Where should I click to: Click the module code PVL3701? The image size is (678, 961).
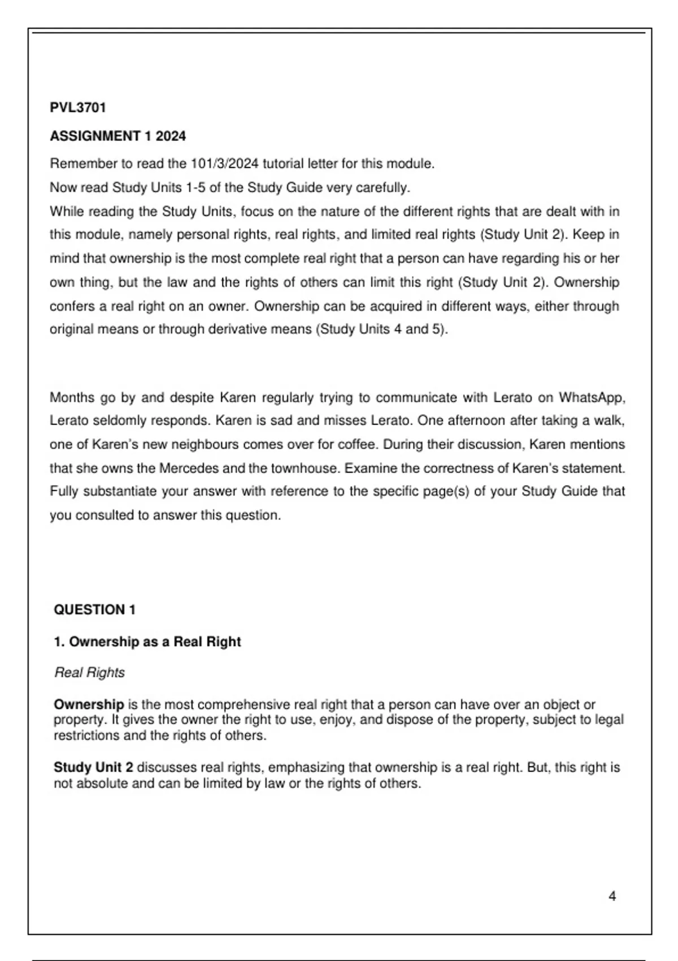tap(78, 107)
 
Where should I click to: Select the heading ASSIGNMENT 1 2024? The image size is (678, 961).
tap(118, 136)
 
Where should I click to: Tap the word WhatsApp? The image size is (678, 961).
tap(592, 397)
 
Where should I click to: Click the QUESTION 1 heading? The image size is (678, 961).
tap(94, 610)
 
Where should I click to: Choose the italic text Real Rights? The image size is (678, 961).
tap(89, 673)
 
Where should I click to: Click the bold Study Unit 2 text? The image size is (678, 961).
tap(93, 768)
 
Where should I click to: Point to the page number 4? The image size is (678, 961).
tap(612, 896)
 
